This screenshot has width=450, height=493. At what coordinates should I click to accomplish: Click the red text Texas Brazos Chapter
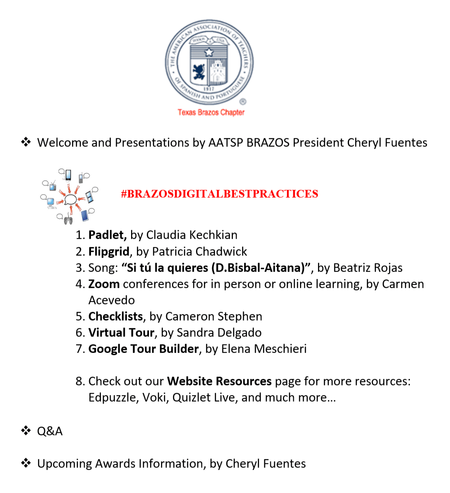[x=211, y=113]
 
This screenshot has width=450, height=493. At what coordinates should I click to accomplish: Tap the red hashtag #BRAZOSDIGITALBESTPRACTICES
[x=219, y=194]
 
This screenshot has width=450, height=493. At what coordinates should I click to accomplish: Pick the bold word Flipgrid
[x=109, y=251]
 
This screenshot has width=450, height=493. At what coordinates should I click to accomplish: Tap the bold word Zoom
[x=104, y=284]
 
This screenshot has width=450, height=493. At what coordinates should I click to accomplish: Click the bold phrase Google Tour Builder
[x=143, y=349]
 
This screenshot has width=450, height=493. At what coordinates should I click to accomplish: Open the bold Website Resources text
[x=219, y=381]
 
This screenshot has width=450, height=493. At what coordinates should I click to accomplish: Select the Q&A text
[x=50, y=431]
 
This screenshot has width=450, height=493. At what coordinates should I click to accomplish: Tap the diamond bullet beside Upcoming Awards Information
[x=26, y=463]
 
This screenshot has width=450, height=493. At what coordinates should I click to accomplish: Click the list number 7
[x=80, y=349]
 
